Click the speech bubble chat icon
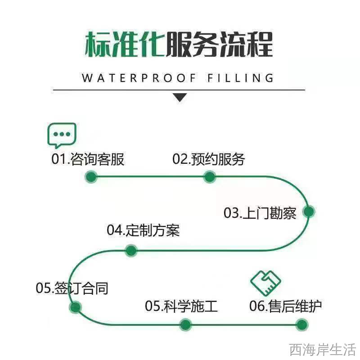point(62,135)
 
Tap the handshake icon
point(265,283)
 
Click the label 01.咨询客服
point(88,159)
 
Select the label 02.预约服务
point(208,159)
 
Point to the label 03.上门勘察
point(260,213)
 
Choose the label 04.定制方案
point(143,230)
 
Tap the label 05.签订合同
point(72,288)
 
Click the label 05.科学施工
point(181,306)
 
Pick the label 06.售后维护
point(285,306)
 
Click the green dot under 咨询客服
point(91,177)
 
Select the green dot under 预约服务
point(209,177)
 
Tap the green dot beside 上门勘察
point(309,211)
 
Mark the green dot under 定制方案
point(131,250)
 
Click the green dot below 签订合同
point(75,307)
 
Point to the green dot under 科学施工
point(185,324)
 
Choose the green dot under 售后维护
point(301,324)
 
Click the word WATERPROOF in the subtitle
point(139,78)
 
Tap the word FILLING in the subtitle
point(240,78)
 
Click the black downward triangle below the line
point(180,97)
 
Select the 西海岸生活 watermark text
point(322,350)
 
